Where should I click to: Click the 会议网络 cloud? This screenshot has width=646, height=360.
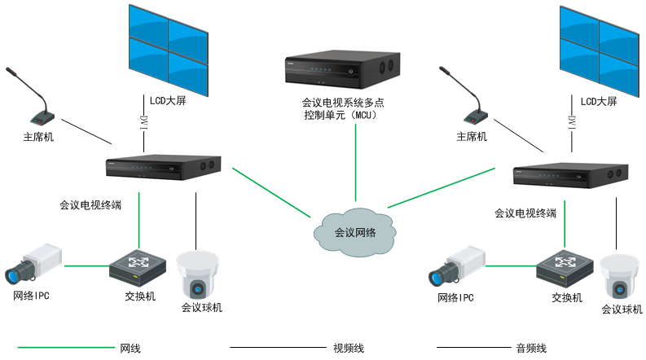tap(355, 231)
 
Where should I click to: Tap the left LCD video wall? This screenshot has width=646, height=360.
tap(169, 47)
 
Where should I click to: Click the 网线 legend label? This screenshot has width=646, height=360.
tap(130, 348)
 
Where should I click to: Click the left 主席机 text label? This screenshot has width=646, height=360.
tap(38, 137)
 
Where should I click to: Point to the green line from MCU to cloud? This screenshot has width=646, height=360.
tap(356, 163)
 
